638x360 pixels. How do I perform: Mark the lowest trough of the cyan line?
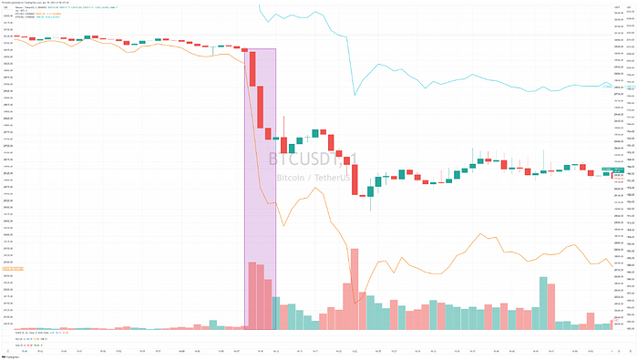point(354,93)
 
